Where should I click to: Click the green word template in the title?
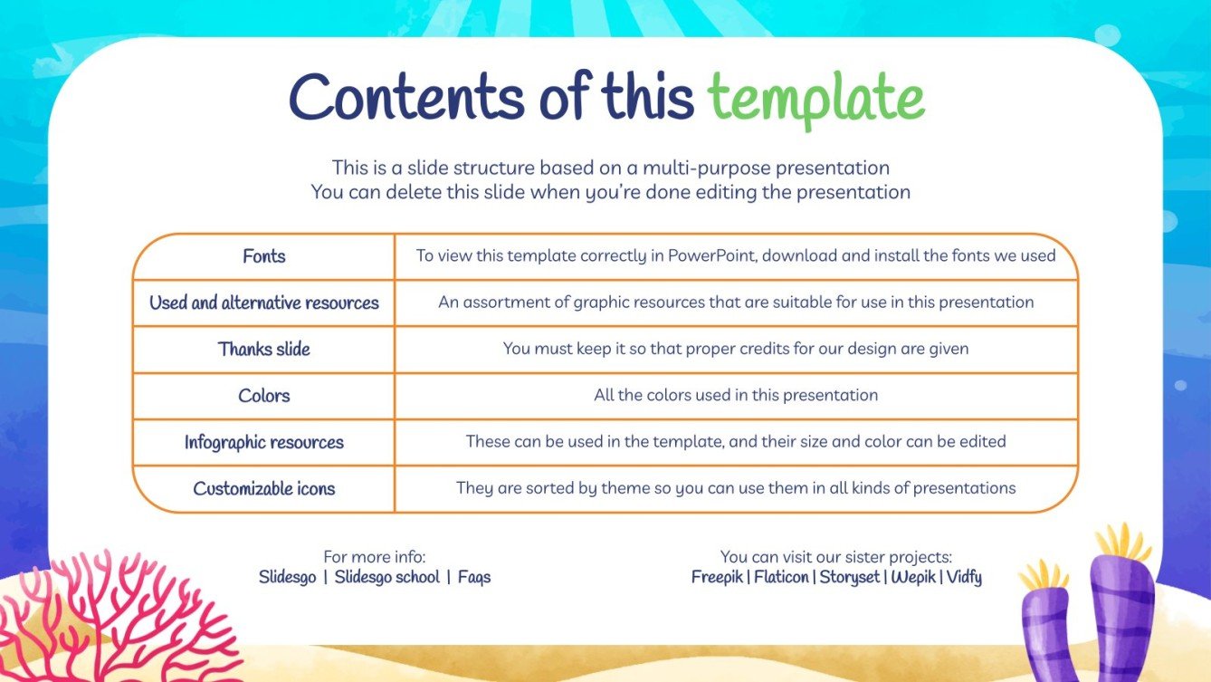(815, 97)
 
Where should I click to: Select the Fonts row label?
(264, 256)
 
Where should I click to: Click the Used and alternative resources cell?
(264, 303)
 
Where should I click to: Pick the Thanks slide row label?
(264, 349)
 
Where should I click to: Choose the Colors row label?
(264, 396)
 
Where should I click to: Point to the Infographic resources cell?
(264, 442)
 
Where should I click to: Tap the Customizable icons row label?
(264, 488)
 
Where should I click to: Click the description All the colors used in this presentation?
(736, 395)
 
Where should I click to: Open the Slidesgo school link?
(386, 577)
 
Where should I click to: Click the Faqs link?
(474, 577)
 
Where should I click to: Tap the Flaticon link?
(781, 577)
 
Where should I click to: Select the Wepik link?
(913, 577)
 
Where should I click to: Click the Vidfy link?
(964, 577)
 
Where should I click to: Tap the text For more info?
(374, 557)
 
